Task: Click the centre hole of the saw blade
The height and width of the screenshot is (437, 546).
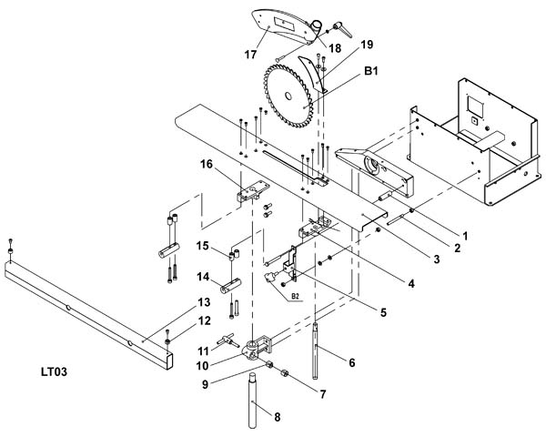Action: click(x=288, y=96)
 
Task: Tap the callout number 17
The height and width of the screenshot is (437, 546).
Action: click(x=251, y=55)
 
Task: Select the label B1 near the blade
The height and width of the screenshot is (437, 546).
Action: click(x=371, y=71)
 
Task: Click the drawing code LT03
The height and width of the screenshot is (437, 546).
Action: click(x=54, y=371)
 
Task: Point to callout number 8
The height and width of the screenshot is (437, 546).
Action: click(x=278, y=417)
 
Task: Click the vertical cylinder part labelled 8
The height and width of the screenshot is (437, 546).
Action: click(x=253, y=401)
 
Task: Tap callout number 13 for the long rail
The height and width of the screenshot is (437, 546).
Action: click(x=204, y=302)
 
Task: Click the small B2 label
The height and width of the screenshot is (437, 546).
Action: click(x=295, y=296)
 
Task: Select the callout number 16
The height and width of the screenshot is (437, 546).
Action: click(x=207, y=164)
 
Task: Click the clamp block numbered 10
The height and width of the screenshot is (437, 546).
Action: click(x=258, y=349)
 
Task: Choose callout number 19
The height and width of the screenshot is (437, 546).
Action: click(x=367, y=45)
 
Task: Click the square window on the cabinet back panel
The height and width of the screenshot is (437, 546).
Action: click(x=475, y=107)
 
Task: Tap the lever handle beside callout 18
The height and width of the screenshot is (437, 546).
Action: click(x=342, y=30)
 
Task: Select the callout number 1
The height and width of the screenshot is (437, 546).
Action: click(x=465, y=236)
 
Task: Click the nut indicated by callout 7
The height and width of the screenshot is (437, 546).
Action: click(x=284, y=373)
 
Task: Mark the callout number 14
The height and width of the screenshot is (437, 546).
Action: click(x=203, y=277)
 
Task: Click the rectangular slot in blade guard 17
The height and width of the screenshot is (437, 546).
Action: click(x=285, y=24)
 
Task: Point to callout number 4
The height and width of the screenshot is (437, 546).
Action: click(x=411, y=284)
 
